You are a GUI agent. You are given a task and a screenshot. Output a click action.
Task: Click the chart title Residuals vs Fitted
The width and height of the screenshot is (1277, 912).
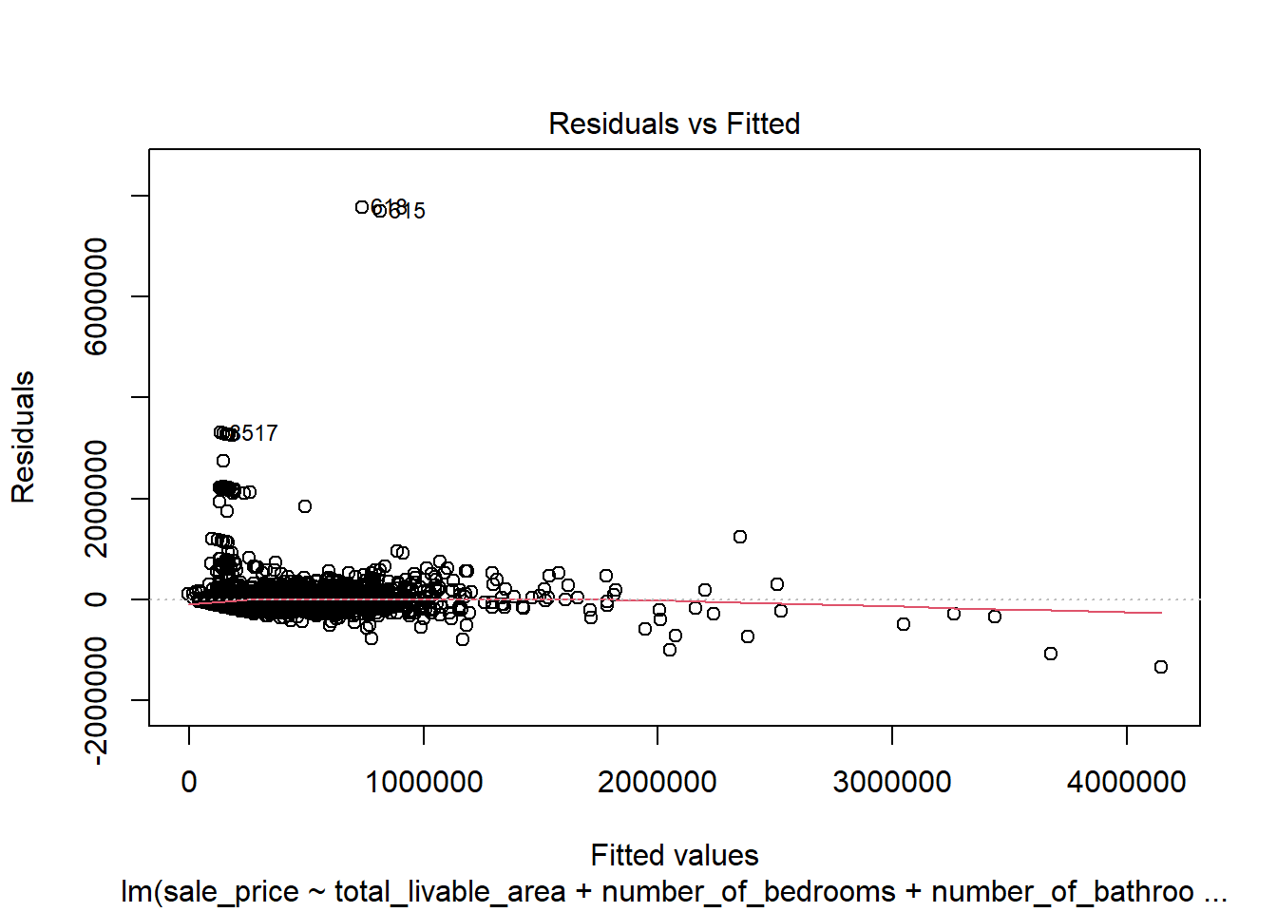point(674,123)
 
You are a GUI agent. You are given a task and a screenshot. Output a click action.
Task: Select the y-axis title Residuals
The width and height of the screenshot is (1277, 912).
point(23,437)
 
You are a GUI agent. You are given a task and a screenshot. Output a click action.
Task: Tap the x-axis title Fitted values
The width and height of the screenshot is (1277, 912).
point(674,855)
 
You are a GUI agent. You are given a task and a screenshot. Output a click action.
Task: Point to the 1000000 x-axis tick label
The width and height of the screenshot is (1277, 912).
point(424,782)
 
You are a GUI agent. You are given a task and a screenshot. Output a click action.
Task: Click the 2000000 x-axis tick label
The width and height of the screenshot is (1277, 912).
point(658,782)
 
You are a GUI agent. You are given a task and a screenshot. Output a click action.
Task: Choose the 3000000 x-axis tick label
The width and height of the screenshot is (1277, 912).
point(891,782)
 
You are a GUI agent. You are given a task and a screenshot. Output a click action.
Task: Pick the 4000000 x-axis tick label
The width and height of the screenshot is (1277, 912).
point(1126,782)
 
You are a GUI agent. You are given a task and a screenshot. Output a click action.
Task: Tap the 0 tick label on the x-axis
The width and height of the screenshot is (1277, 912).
point(189,782)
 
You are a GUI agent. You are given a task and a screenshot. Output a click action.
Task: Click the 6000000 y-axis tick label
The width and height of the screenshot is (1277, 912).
point(96,296)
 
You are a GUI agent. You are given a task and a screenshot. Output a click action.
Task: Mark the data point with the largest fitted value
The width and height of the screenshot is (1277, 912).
point(1160,667)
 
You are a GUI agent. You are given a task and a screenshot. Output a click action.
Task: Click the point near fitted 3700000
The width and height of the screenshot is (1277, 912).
point(1050,654)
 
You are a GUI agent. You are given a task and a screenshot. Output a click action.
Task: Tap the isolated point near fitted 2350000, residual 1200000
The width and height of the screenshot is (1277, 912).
point(740,537)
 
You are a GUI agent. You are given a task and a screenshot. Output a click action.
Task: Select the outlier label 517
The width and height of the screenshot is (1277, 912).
point(256,433)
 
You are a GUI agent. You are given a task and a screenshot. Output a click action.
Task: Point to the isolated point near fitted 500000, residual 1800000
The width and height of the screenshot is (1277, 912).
point(305,506)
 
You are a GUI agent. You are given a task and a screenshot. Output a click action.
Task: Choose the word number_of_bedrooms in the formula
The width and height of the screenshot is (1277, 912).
point(749,892)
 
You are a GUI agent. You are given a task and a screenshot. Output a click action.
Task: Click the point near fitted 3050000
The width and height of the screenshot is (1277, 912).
point(904,624)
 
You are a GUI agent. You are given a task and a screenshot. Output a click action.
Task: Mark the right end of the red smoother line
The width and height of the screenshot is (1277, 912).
point(1160,613)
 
